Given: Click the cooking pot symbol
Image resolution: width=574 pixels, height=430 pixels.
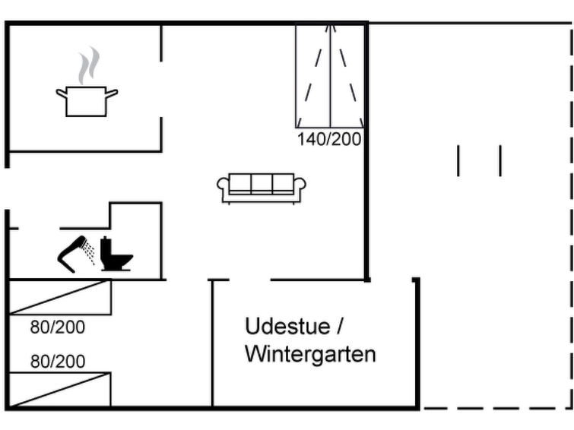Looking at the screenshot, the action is (87, 101).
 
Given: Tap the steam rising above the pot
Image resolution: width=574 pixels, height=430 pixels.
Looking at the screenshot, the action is (89, 65).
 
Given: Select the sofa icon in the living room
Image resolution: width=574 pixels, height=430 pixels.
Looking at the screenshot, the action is (262, 188).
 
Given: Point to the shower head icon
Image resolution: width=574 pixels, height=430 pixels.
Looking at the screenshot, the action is (72, 253).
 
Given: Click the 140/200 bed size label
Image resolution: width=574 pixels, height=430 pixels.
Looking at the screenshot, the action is (329, 140).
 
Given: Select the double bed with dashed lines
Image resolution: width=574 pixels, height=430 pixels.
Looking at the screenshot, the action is (330, 76).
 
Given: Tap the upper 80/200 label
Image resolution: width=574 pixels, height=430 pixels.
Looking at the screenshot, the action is (58, 327).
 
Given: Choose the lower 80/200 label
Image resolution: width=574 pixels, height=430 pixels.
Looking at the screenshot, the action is (58, 361).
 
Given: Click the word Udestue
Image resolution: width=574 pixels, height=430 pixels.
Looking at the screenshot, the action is (287, 326).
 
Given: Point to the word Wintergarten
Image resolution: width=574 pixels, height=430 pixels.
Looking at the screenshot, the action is (310, 354).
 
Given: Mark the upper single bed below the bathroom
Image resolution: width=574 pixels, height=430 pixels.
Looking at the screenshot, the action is (59, 297).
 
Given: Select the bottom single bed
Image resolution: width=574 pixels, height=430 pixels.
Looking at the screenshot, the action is (59, 390).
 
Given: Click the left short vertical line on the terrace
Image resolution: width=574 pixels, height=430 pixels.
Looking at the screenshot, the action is (458, 160).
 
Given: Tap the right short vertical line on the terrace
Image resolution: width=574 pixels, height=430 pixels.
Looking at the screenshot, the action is (500, 160).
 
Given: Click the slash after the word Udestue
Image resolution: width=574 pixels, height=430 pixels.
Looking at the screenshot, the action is (340, 326).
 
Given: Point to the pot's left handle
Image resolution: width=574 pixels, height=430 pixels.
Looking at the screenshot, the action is (61, 93).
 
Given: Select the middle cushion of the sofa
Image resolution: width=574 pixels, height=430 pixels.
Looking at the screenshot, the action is (262, 183).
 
